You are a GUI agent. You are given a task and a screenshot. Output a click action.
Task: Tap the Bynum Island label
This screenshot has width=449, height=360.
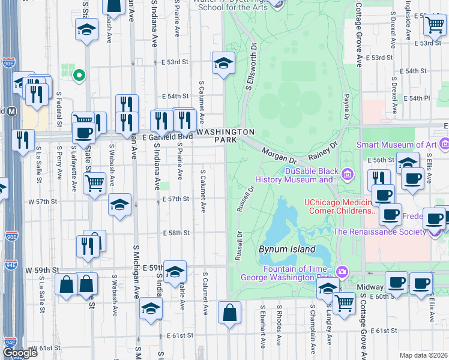(287, 249)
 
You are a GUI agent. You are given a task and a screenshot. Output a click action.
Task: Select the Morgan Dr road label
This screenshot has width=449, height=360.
(279, 157)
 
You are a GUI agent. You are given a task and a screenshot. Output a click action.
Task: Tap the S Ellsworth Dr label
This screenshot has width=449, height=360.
(252, 67)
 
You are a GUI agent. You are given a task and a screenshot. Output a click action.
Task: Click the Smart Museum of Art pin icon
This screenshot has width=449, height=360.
(444, 144)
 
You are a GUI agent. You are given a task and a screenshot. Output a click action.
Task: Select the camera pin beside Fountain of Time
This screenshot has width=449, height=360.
(342, 272)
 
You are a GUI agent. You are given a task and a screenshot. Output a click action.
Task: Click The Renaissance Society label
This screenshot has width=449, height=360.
(379, 232)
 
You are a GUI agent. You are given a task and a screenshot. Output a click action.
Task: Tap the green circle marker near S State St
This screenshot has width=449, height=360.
(78, 76)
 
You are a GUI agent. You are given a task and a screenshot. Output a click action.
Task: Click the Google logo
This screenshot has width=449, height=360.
(20, 353)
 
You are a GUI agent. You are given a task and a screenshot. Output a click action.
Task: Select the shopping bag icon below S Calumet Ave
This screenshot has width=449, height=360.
(229, 313)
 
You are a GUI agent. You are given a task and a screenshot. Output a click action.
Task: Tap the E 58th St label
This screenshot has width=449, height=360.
(175, 232)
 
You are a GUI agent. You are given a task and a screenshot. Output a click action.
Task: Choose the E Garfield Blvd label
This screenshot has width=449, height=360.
(167, 137)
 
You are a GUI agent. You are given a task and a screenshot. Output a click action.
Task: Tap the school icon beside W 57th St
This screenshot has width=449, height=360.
(120, 205)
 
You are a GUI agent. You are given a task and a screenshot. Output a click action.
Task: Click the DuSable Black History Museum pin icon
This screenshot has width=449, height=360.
(346, 175)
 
